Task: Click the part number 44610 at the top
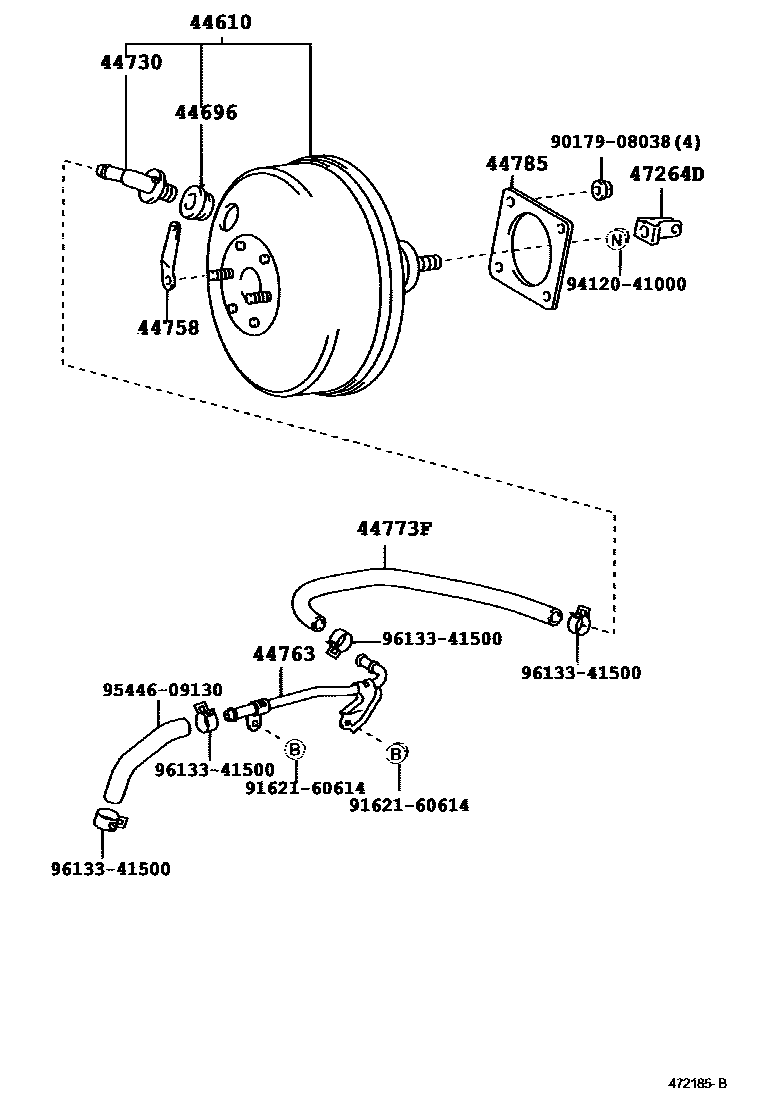pos(220,22)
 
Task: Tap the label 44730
pos(131,62)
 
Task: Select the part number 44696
pos(206,112)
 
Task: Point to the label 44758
pos(168,328)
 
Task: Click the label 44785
pos(517,164)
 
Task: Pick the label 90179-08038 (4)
pos(625,142)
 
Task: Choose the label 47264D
pos(667,174)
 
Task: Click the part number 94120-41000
pos(626,284)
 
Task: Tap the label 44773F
pos(395,528)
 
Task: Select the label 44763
pos(284,654)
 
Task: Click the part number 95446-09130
pos(162,690)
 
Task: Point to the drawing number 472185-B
pos(698,1083)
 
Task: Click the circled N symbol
pos(618,240)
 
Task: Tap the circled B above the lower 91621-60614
pos(396,753)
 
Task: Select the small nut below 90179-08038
pos(602,189)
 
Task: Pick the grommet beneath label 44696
pos(194,202)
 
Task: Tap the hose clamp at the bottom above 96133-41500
pos(109,819)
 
